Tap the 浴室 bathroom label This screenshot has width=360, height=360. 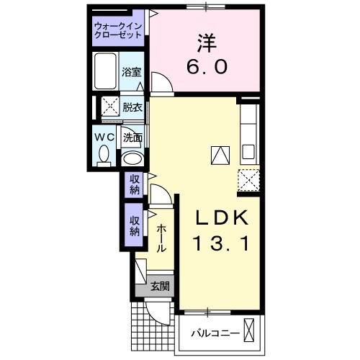point(131,73)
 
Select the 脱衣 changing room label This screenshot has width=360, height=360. point(132,107)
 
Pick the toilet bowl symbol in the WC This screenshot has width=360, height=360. point(104,153)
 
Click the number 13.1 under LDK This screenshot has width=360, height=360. point(221,244)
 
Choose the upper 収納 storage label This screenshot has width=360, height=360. point(135,185)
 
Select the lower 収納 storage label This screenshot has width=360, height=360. point(135,226)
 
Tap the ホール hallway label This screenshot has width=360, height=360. point(162,238)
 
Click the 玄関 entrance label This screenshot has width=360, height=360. point(160,286)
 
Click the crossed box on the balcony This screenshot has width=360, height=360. point(249,332)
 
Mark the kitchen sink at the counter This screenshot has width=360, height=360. point(248,152)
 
